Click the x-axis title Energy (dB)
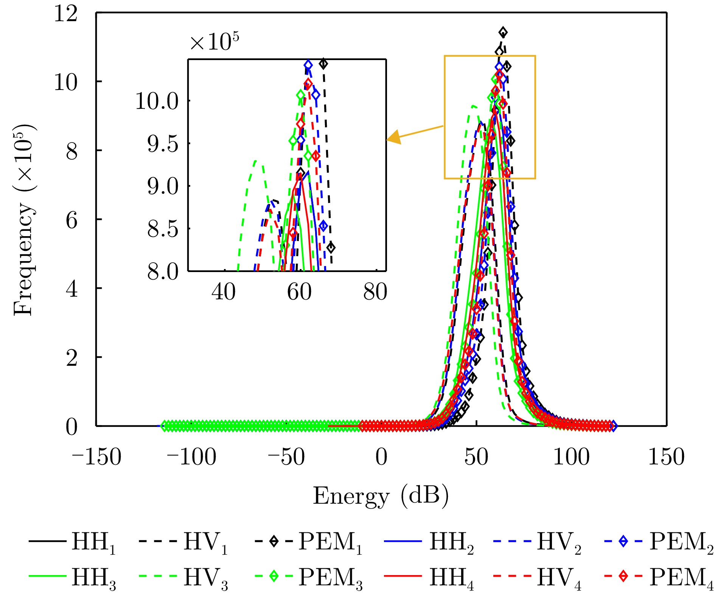click(x=381, y=496)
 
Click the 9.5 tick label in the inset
click(x=163, y=144)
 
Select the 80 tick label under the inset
click(x=375, y=292)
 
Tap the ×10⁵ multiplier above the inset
click(x=214, y=42)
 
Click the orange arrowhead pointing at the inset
click(x=393, y=137)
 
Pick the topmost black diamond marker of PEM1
click(x=503, y=32)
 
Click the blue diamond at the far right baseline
click(x=613, y=426)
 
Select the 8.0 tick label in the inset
click(x=163, y=271)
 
